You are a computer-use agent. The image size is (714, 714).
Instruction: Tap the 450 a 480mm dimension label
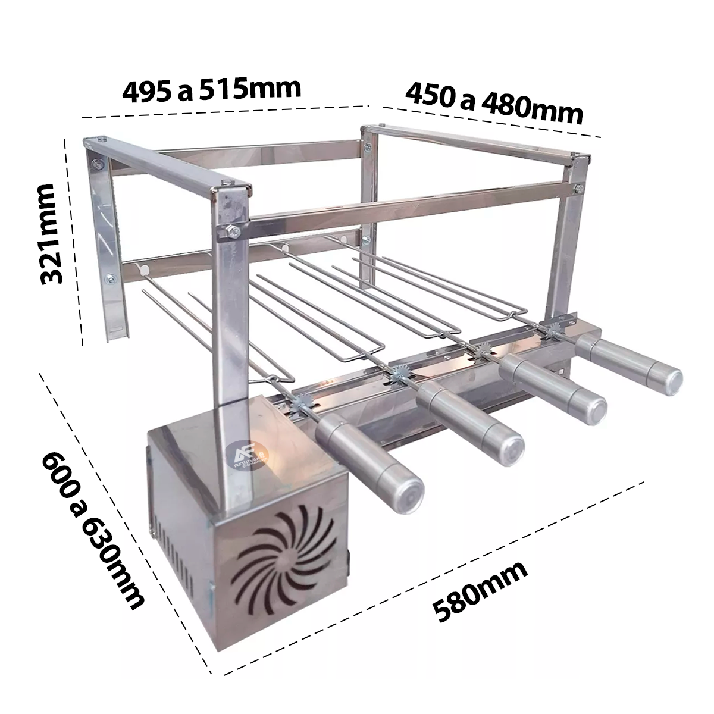click(494, 104)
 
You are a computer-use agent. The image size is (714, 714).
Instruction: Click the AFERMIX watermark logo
click(246, 455)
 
